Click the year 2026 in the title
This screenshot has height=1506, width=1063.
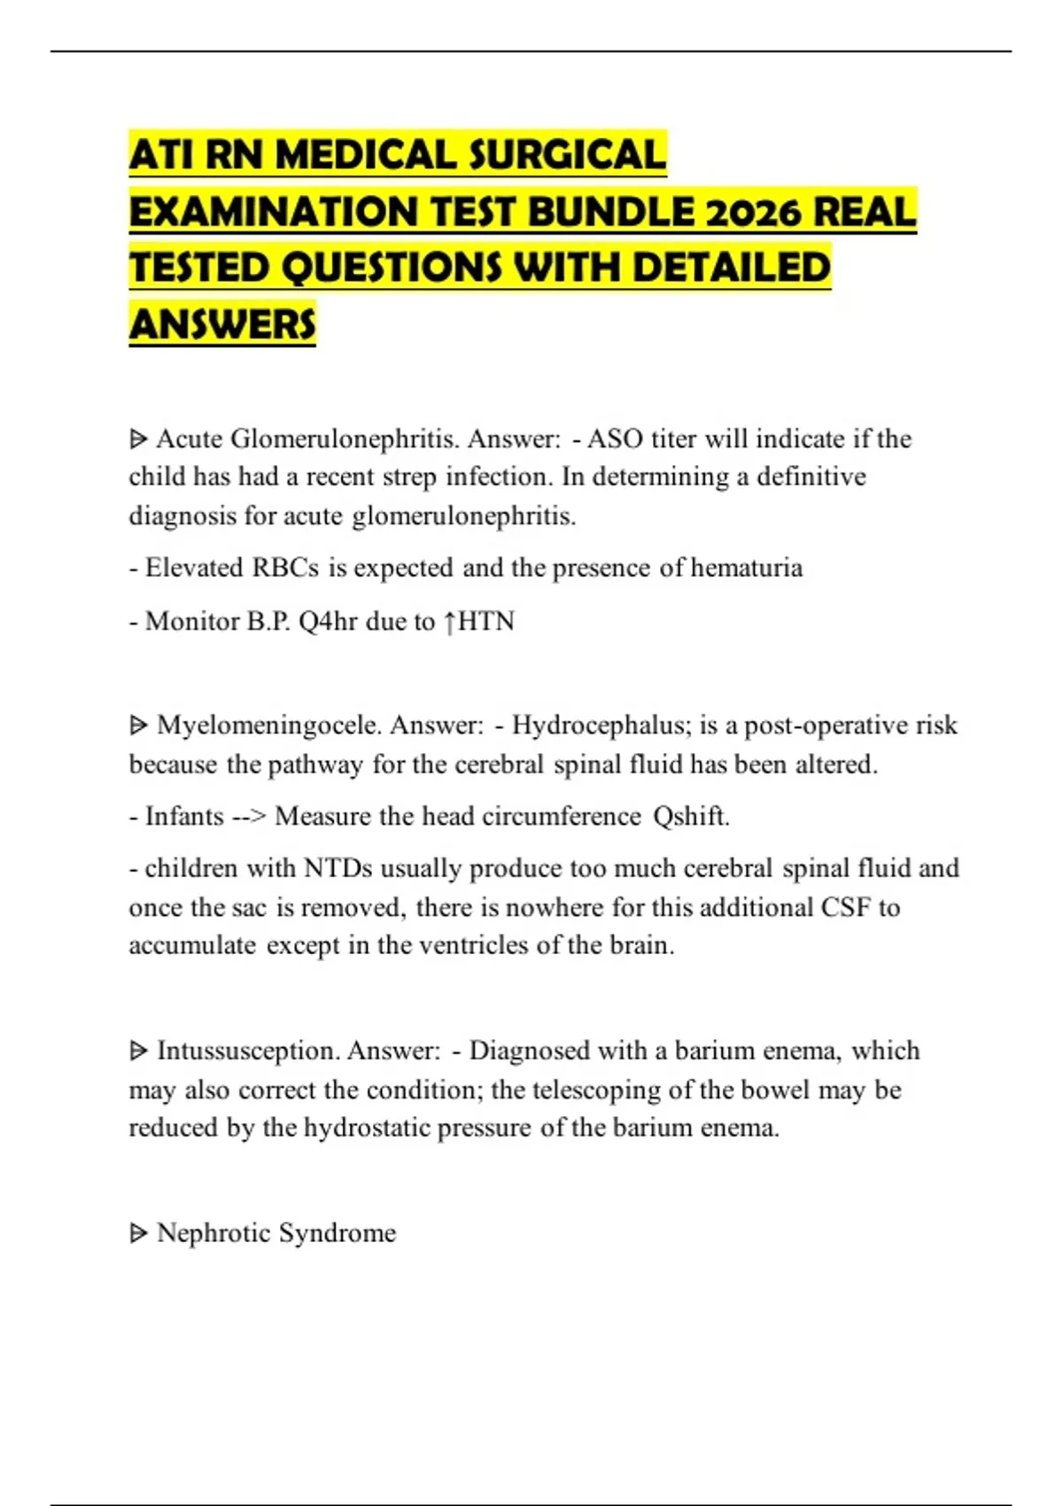tap(754, 212)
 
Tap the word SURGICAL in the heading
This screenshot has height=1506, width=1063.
tap(567, 155)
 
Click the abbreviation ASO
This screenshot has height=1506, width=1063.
tap(616, 439)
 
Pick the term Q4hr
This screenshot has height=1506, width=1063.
tap(328, 621)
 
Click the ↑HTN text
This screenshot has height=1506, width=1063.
tap(478, 621)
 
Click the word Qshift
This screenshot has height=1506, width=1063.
tap(691, 815)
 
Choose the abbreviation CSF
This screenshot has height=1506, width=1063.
tap(846, 907)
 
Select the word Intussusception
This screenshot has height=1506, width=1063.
tap(247, 1050)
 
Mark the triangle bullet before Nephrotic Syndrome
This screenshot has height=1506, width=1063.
tap(138, 1232)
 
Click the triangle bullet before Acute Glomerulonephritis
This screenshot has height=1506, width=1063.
tap(138, 439)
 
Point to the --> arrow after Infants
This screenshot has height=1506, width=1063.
tap(249, 815)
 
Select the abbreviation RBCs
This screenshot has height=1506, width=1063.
tap(285, 567)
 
